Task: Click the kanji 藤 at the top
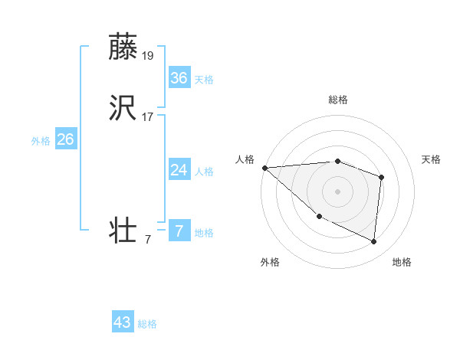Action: tap(124, 47)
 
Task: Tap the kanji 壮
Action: tap(124, 231)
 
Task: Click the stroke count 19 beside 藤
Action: tap(149, 55)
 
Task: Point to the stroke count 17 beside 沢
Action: tap(148, 117)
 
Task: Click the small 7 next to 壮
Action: tap(148, 240)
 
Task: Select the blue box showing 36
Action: tap(179, 77)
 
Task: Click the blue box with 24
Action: tap(179, 170)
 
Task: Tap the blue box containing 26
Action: tap(65, 139)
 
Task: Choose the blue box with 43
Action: tap(123, 322)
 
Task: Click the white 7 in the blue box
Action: tap(179, 231)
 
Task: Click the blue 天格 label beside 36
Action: tap(204, 80)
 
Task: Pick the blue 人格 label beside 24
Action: tap(204, 172)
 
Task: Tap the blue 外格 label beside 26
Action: tap(41, 141)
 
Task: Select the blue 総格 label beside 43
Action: tap(147, 324)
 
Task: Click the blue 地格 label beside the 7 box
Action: tap(204, 233)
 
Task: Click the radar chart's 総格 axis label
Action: tap(338, 100)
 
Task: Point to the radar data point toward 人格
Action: tap(264, 168)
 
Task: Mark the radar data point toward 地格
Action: tap(373, 241)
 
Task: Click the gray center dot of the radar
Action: tap(338, 190)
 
